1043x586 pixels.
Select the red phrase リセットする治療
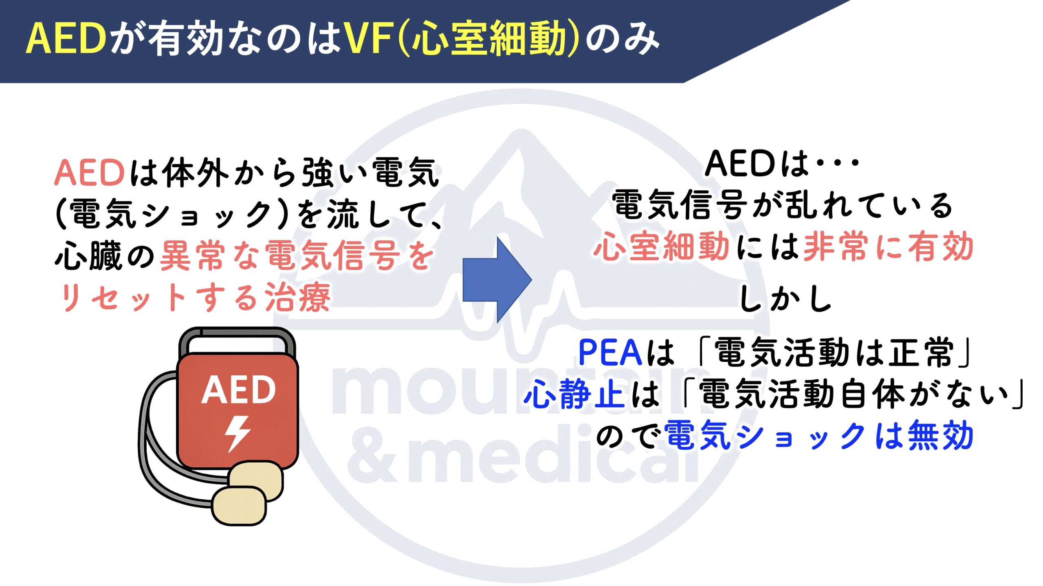click(x=195, y=297)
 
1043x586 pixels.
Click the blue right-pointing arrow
click(x=497, y=280)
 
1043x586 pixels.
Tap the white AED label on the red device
click(x=238, y=390)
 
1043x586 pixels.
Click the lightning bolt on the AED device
click(x=238, y=434)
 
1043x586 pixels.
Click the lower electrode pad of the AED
click(x=239, y=506)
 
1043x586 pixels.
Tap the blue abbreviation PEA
click(x=610, y=352)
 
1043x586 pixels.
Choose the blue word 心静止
click(x=574, y=394)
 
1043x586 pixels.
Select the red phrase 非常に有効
click(x=888, y=247)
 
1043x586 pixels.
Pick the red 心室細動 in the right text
click(x=662, y=246)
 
